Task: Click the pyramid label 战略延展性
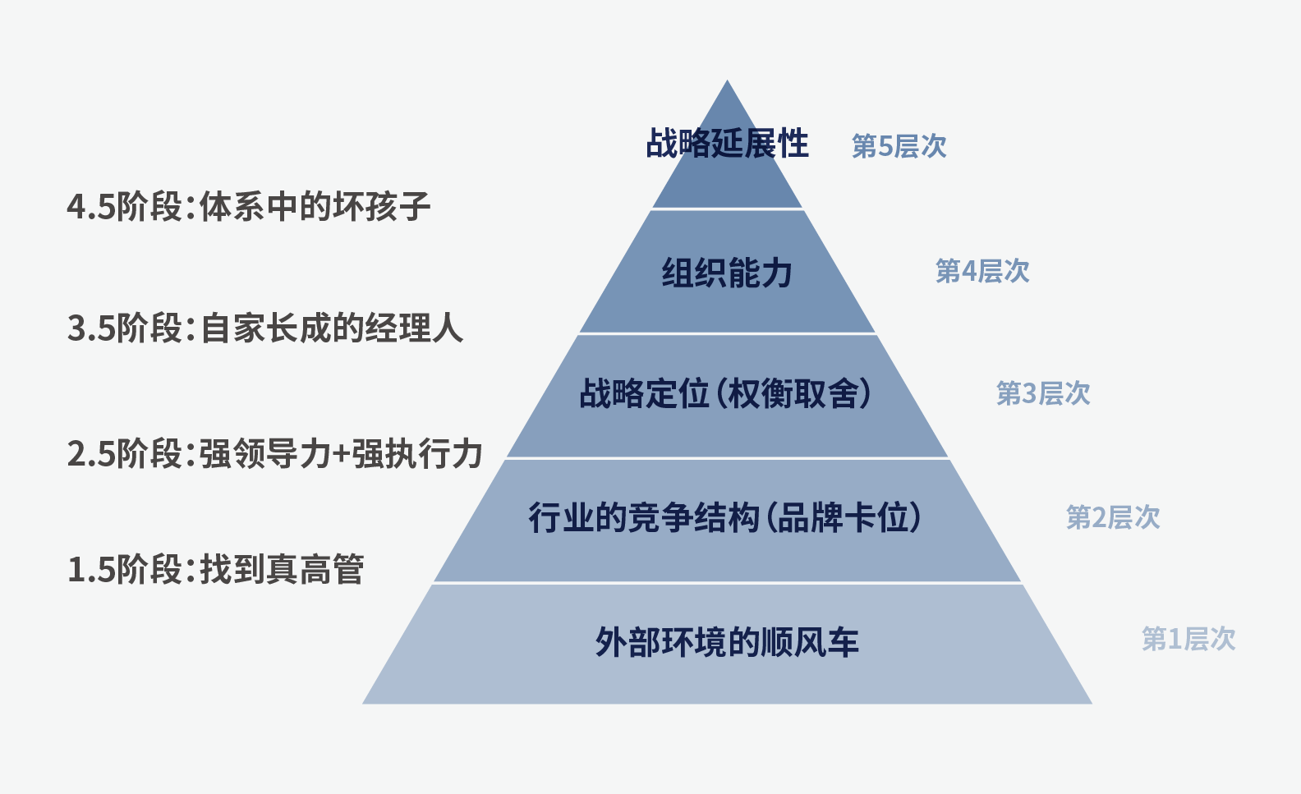(x=727, y=144)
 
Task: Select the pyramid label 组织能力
(x=727, y=273)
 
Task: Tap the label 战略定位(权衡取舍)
(x=726, y=394)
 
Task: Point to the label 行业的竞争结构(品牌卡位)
(x=725, y=517)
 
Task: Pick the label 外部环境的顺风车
(x=727, y=642)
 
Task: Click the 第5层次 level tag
(x=899, y=146)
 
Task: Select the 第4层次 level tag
(x=982, y=271)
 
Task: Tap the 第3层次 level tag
(x=1043, y=393)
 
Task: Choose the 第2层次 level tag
(x=1113, y=517)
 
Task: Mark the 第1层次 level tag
(x=1188, y=639)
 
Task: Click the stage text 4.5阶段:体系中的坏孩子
(x=249, y=206)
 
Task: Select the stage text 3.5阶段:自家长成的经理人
(x=264, y=328)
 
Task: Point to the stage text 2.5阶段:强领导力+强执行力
(x=274, y=453)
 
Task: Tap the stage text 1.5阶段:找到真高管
(x=215, y=569)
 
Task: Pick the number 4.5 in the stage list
(x=91, y=208)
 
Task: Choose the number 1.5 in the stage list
(x=91, y=570)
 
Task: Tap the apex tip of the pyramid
(x=727, y=80)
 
